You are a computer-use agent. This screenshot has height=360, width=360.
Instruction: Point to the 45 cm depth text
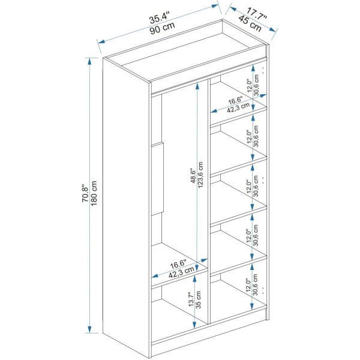coord(250,23)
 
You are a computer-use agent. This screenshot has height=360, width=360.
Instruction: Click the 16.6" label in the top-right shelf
coord(236,101)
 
